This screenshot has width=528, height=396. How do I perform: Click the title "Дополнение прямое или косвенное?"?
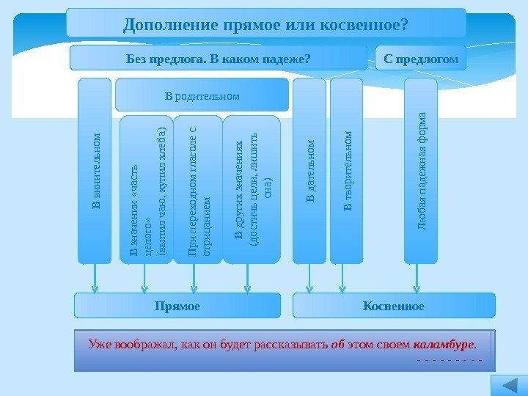[x=265, y=23]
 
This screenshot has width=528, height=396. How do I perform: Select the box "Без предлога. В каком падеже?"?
[x=219, y=58]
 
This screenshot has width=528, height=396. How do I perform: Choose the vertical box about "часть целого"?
[x=147, y=189]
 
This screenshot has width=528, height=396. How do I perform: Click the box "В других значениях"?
[x=251, y=189]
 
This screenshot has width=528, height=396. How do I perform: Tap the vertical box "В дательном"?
[x=309, y=170]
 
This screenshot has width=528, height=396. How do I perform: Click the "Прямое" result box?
[x=177, y=305]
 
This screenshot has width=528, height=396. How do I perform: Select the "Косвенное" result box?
[x=394, y=305]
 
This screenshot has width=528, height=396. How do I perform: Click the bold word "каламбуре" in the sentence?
[x=444, y=343]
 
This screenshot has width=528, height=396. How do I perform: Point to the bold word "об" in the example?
[x=337, y=343]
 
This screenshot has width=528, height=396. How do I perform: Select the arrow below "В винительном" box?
[x=95, y=279]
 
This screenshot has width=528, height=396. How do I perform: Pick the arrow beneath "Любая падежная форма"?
[x=417, y=279]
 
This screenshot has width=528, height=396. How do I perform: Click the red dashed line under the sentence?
[x=448, y=360]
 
